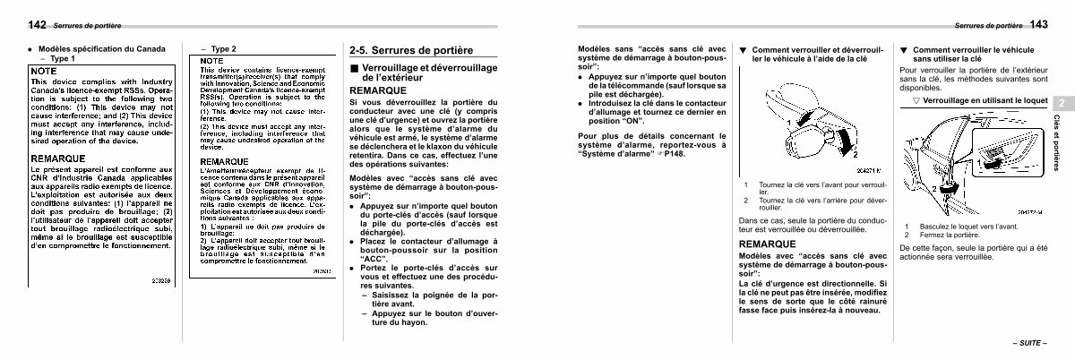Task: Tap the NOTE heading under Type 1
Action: pyautogui.click(x=44, y=70)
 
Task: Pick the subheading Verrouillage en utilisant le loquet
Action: pyautogui.click(x=979, y=101)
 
